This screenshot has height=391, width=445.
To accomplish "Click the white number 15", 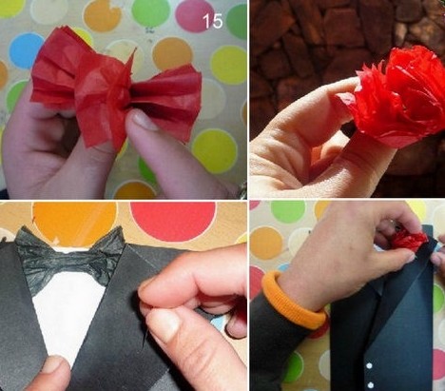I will tap(212, 21).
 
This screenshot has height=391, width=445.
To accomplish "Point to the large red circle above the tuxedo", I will tap(171, 220).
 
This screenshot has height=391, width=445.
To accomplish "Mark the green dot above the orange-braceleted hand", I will tap(287, 211).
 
